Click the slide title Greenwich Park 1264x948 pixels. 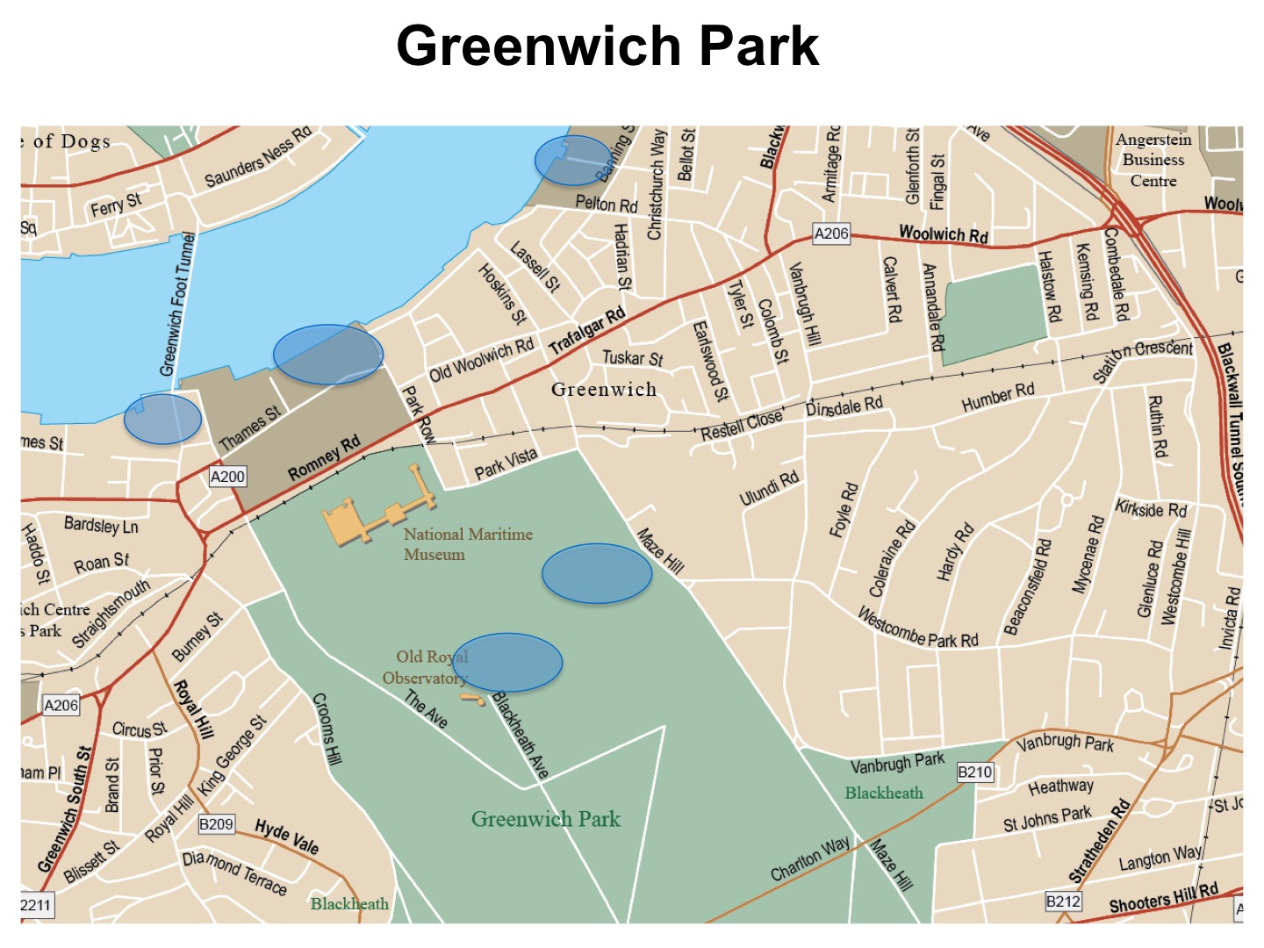pos(607,46)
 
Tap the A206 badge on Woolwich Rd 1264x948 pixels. pos(831,233)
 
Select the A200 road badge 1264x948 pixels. pos(228,477)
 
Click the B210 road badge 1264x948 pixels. pos(974,772)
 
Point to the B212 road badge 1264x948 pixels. pos(1063,901)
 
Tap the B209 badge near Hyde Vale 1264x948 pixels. pos(216,824)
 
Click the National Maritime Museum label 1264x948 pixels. pos(467,544)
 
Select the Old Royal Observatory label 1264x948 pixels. pos(425,667)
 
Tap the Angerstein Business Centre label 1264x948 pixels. pos(1153,160)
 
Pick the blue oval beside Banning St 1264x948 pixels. pos(571,160)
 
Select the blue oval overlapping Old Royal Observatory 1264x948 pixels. pos(506,663)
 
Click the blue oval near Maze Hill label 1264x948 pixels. pos(597,573)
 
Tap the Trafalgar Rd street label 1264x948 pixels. pos(587,331)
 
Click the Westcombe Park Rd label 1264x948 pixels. pos(917,628)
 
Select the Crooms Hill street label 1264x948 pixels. pos(327,729)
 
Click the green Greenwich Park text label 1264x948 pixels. pos(545,819)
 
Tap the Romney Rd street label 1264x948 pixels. pos(324,458)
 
